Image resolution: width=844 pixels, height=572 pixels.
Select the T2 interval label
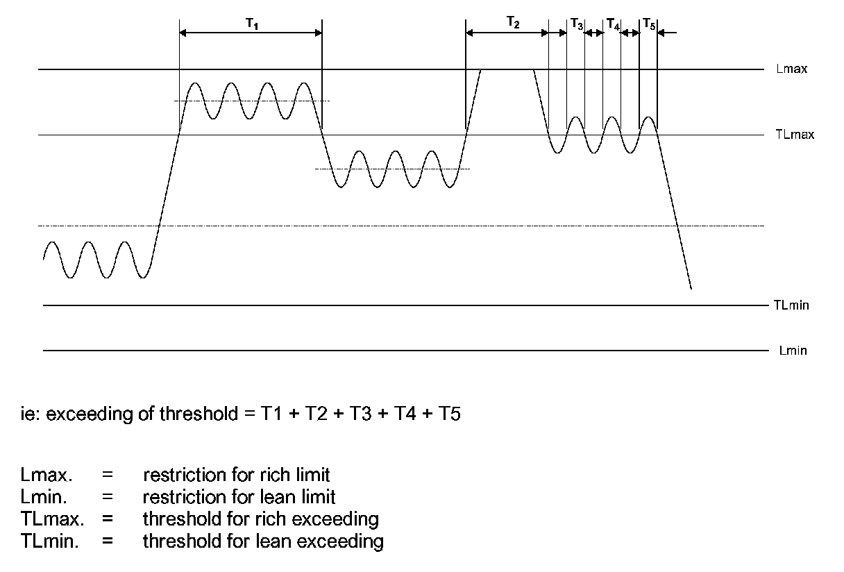[x=512, y=23]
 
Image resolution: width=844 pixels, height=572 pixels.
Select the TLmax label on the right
[x=795, y=135]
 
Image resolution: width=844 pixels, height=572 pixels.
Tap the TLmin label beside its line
[x=791, y=305]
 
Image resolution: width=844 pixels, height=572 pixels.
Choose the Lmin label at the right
[x=793, y=351]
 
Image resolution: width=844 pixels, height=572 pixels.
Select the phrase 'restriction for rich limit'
[x=236, y=476]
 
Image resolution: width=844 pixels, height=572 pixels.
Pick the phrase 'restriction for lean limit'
[x=239, y=497]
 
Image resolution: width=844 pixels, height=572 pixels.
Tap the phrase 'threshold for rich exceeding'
[x=260, y=519]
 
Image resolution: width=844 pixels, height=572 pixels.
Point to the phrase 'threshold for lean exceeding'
[x=263, y=540]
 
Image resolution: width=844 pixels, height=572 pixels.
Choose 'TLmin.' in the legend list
[x=49, y=540]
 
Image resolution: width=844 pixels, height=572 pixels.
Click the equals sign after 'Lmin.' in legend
[x=107, y=497]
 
